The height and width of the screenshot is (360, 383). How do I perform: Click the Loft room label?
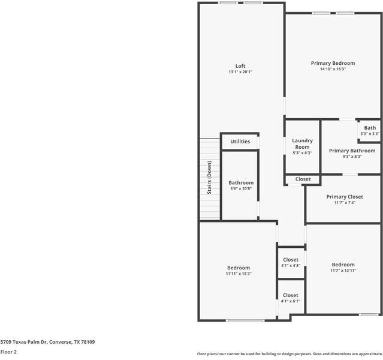click(240, 66)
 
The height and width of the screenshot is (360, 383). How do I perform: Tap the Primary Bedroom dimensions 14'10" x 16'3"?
click(333, 69)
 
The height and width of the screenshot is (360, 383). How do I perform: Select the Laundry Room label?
click(302, 144)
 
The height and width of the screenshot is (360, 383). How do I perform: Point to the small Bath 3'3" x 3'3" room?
click(370, 130)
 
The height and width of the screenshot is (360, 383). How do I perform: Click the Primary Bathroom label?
click(352, 151)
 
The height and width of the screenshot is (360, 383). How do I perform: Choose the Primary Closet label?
click(345, 197)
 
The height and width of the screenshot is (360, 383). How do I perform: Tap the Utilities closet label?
click(240, 142)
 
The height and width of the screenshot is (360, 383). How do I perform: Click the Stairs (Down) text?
click(209, 178)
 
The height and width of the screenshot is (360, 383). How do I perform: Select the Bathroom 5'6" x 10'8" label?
click(241, 183)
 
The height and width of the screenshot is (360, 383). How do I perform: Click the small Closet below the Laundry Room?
click(303, 179)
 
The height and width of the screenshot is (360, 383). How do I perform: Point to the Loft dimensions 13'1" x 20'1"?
click(240, 72)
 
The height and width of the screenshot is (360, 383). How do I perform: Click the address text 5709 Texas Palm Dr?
click(47, 341)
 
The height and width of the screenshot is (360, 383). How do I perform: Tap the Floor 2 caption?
click(8, 352)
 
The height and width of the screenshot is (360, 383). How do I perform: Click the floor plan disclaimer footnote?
click(289, 353)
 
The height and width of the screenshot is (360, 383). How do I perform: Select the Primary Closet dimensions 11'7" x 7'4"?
click(345, 203)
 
